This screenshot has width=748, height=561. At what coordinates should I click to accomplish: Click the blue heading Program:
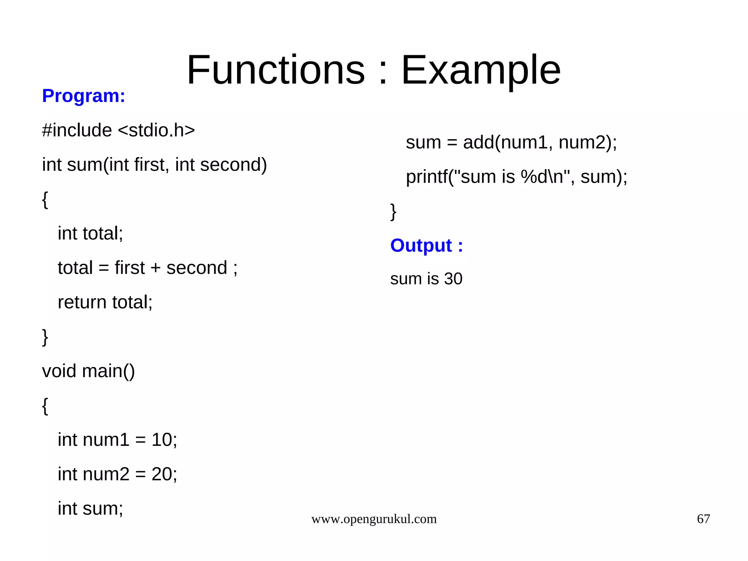click(x=84, y=96)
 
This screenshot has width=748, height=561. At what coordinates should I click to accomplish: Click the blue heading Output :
click(x=426, y=245)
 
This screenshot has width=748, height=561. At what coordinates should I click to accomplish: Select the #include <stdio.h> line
click(x=118, y=130)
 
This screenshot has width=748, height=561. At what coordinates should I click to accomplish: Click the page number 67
click(x=703, y=519)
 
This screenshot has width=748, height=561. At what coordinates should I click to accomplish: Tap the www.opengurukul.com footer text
click(x=374, y=519)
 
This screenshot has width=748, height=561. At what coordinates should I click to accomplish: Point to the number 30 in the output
click(x=453, y=279)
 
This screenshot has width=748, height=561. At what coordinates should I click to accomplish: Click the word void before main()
click(x=59, y=371)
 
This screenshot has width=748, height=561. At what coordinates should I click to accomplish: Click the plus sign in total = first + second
click(x=155, y=268)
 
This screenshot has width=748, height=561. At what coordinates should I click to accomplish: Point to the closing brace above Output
click(x=393, y=212)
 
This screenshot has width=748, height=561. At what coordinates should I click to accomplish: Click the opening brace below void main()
click(x=45, y=406)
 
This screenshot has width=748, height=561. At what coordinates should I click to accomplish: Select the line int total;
click(x=90, y=234)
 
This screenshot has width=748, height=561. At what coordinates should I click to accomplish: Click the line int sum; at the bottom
click(x=90, y=508)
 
